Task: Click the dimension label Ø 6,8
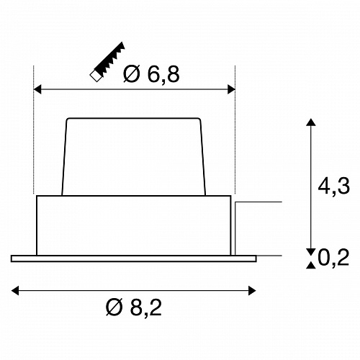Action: pos(151,74)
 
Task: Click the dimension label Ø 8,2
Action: pos(134,307)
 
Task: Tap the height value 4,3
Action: pos(334,186)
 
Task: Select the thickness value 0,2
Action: pos(333,258)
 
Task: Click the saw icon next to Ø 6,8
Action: pos(107,62)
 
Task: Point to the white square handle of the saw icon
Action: pos(95,76)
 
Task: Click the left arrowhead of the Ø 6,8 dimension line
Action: pos(37,89)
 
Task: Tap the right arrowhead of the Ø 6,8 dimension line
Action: pos(231,89)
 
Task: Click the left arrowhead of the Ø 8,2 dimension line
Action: pos(15,291)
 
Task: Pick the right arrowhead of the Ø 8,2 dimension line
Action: pos(252,291)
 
